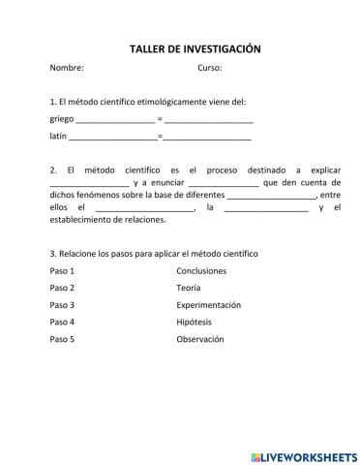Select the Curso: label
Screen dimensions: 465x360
pyautogui.click(x=210, y=69)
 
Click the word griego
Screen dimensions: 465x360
pyautogui.click(x=61, y=120)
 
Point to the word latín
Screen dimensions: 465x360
pyautogui.click(x=58, y=138)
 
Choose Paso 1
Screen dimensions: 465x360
pyautogui.click(x=62, y=270)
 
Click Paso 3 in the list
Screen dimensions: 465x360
pyautogui.click(x=62, y=305)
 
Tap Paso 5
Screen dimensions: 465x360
pyautogui.click(x=62, y=339)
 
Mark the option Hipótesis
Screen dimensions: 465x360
pyautogui.click(x=194, y=322)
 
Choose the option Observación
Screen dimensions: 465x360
pyautogui.click(x=200, y=339)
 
